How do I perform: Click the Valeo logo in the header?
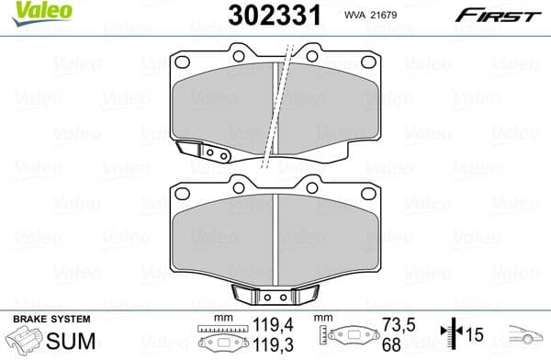click(28, 12)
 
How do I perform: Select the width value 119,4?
click(265, 324)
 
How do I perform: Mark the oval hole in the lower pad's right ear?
click(370, 194)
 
